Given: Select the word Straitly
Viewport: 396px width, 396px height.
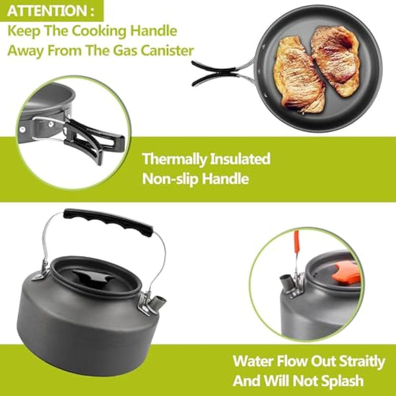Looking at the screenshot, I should click(x=352, y=361).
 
